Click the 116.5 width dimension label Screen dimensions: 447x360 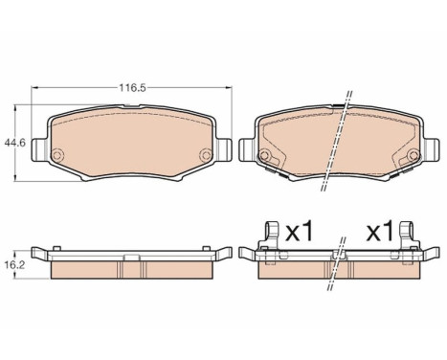click(x=132, y=87)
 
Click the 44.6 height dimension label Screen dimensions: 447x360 click(x=14, y=143)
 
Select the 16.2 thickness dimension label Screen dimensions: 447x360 click(x=15, y=265)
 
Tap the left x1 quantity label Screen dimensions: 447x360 click(x=300, y=232)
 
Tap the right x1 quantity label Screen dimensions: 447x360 click(x=379, y=232)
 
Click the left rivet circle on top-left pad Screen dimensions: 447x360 click(x=57, y=155)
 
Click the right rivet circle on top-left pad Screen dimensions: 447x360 click(x=205, y=155)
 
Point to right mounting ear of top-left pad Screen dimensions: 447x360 click(x=224, y=149)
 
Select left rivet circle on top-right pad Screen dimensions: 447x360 click(x=264, y=156)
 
